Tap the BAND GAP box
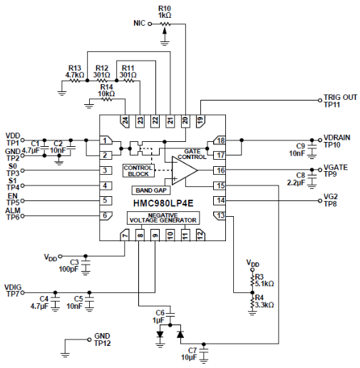pos(150,190)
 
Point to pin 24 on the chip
pos(125,121)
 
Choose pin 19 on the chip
pos(200,121)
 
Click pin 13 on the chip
pos(220,215)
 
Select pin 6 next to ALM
pos(105,215)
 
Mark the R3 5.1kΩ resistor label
pos(264,280)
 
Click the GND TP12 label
pos(103,339)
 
